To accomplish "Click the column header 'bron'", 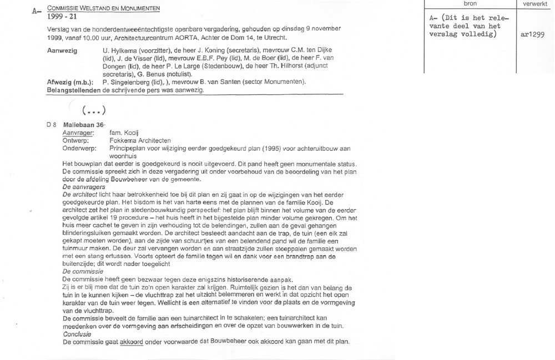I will coord(470,4).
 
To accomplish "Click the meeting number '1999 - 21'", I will coord(63,17).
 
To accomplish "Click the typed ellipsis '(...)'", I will coord(93,109).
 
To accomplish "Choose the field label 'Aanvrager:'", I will coord(78,133).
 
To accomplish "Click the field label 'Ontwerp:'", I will coord(76,141).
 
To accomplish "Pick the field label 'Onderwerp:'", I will coord(79,149).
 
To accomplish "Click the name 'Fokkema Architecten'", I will coord(140,141).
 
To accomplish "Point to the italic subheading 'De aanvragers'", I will coord(84,187).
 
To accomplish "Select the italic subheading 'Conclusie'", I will coord(77,334).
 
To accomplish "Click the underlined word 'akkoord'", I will coord(131,342).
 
